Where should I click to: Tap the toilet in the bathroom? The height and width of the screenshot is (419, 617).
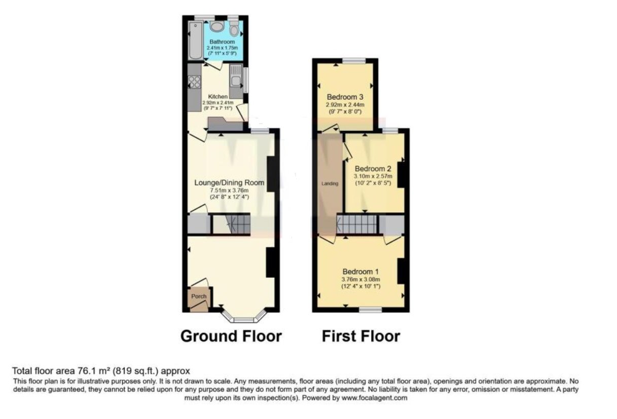coord(233,28)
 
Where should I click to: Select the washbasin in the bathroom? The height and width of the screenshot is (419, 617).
coord(216,26)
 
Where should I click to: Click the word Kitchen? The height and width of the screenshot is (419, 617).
coord(218,96)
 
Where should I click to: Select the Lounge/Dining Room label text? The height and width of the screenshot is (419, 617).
coord(230,182)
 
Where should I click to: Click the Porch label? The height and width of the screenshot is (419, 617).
coord(199,296)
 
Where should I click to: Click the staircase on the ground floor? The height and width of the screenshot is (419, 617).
coord(231,224)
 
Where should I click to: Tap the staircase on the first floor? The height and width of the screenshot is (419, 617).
coord(357,224)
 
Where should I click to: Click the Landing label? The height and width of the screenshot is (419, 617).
coord(330,183)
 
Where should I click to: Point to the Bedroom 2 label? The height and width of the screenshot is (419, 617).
coord(373,169)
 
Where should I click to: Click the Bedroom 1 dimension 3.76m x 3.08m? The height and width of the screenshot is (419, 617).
coord(360,279)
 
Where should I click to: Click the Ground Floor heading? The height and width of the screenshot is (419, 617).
coord(231,336)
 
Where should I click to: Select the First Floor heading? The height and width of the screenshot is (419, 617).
coord(360,336)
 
